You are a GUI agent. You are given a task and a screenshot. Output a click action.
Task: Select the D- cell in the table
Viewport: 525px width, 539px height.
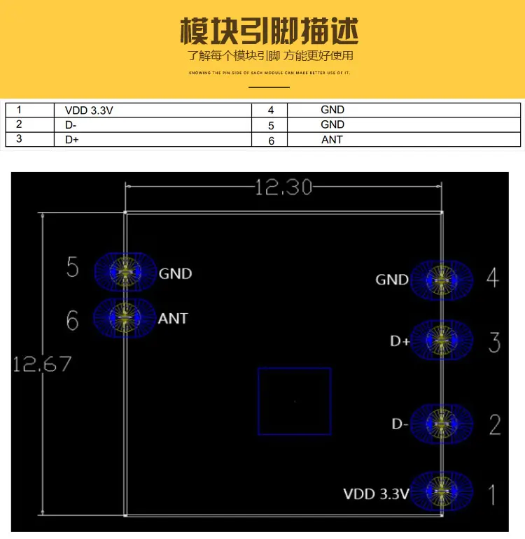coord(71,124)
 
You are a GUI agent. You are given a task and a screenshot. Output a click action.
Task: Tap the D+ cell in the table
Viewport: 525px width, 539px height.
coord(71,139)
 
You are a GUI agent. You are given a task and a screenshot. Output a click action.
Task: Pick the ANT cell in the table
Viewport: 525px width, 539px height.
coord(332,139)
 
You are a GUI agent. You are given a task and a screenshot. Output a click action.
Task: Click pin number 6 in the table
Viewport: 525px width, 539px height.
coord(272,140)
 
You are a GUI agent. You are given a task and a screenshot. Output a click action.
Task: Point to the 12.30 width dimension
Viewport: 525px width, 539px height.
coord(283,187)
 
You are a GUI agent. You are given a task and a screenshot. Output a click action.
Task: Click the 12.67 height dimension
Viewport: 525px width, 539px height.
coord(42,364)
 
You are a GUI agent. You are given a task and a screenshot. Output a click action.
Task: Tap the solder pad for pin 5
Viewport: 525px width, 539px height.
coord(125,271)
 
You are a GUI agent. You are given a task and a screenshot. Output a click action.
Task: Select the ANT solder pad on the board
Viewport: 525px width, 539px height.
coord(125,319)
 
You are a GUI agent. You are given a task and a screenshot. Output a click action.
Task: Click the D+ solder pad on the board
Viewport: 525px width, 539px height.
coord(441,340)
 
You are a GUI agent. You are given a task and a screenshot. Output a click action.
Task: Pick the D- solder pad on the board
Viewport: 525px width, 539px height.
coord(441,423)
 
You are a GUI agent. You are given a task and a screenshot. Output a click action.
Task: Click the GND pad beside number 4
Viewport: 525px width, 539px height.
coord(441,280)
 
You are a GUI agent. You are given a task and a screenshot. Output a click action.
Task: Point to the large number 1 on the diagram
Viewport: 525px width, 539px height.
coord(492,494)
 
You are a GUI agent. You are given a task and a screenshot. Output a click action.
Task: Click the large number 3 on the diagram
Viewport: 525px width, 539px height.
coord(494,343)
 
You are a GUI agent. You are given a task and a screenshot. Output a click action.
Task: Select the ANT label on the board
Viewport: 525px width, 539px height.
coord(173,319)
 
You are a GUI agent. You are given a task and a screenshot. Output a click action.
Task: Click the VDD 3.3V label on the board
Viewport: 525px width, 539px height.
coord(376,494)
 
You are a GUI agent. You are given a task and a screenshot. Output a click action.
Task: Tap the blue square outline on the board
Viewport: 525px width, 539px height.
coord(294,401)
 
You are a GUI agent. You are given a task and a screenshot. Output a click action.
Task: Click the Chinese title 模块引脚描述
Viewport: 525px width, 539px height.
coord(269,31)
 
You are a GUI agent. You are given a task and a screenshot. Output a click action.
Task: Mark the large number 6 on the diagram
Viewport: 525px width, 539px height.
coord(72,320)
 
